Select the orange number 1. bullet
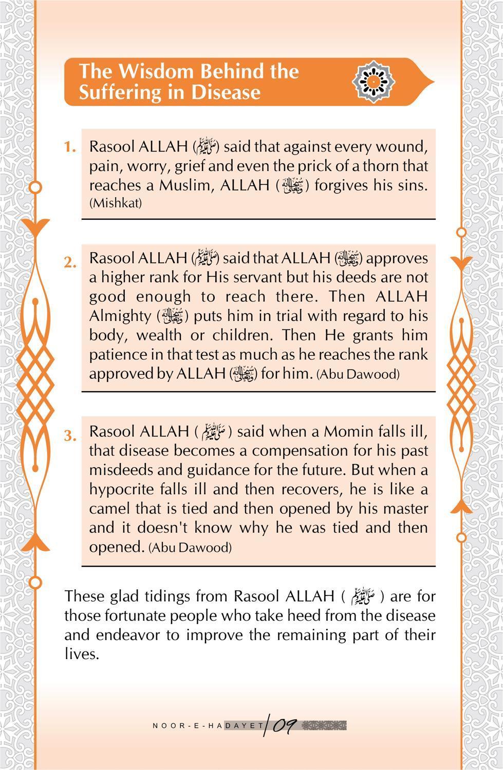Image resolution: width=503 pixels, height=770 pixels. [70, 147]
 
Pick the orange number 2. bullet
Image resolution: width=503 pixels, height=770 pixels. [70, 262]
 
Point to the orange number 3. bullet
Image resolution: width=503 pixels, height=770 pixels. [70, 436]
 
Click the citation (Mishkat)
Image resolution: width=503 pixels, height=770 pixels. [116, 203]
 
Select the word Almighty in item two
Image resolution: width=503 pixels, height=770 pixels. [119, 315]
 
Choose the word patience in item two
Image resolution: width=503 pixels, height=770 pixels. [118, 354]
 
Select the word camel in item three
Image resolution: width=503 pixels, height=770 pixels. [110, 508]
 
